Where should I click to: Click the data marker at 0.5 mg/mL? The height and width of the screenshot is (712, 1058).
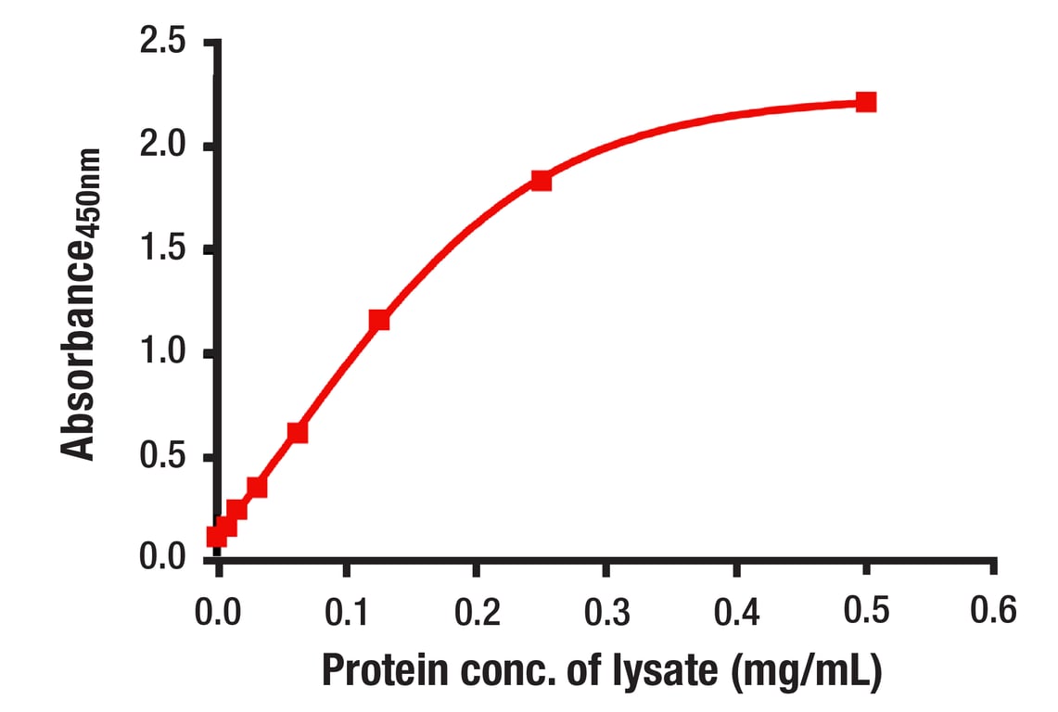click(865, 102)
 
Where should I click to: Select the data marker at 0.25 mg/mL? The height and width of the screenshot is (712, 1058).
click(542, 181)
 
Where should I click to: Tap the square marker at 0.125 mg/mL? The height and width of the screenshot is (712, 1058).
click(378, 321)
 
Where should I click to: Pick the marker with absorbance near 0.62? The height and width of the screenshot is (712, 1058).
click(298, 432)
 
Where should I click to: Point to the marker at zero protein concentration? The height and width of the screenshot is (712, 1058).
click(217, 536)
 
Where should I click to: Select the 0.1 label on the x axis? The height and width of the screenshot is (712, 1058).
click(346, 612)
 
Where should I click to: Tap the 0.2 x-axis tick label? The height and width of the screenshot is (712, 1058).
click(476, 612)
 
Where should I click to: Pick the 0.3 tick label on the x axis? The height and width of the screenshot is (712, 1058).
click(605, 612)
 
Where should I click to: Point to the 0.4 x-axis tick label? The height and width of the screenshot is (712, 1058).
click(735, 612)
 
